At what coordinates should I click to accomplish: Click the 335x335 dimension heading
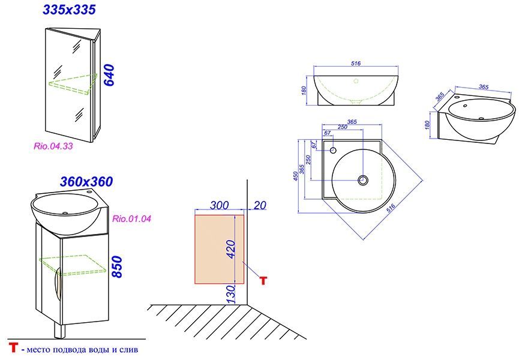(69, 10)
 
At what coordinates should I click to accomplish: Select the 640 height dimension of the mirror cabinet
(109, 76)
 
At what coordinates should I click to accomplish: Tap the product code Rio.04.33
(53, 146)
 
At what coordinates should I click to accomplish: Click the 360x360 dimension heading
(86, 181)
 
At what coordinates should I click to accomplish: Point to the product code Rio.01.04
(132, 219)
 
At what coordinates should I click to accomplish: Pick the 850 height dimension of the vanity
(117, 267)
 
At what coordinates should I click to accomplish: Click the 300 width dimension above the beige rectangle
(219, 205)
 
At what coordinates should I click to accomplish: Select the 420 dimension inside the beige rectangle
(230, 249)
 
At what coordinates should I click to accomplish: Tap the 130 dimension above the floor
(230, 294)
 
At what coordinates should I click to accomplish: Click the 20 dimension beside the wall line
(260, 205)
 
